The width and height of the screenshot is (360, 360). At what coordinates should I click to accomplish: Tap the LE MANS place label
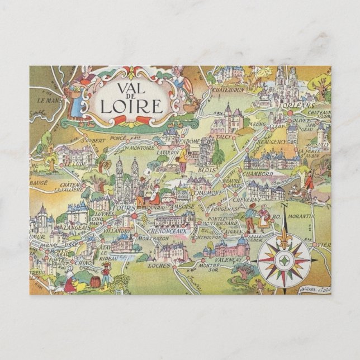pyautogui.click(x=49, y=101)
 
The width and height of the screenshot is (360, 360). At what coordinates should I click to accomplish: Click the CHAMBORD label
pyautogui.click(x=258, y=174)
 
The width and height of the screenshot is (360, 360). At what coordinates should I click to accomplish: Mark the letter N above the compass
pyautogui.click(x=283, y=206)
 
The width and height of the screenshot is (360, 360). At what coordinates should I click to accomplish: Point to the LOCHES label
pyautogui.click(x=159, y=265)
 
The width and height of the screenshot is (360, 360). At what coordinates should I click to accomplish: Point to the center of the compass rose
pyautogui.click(x=285, y=258)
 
